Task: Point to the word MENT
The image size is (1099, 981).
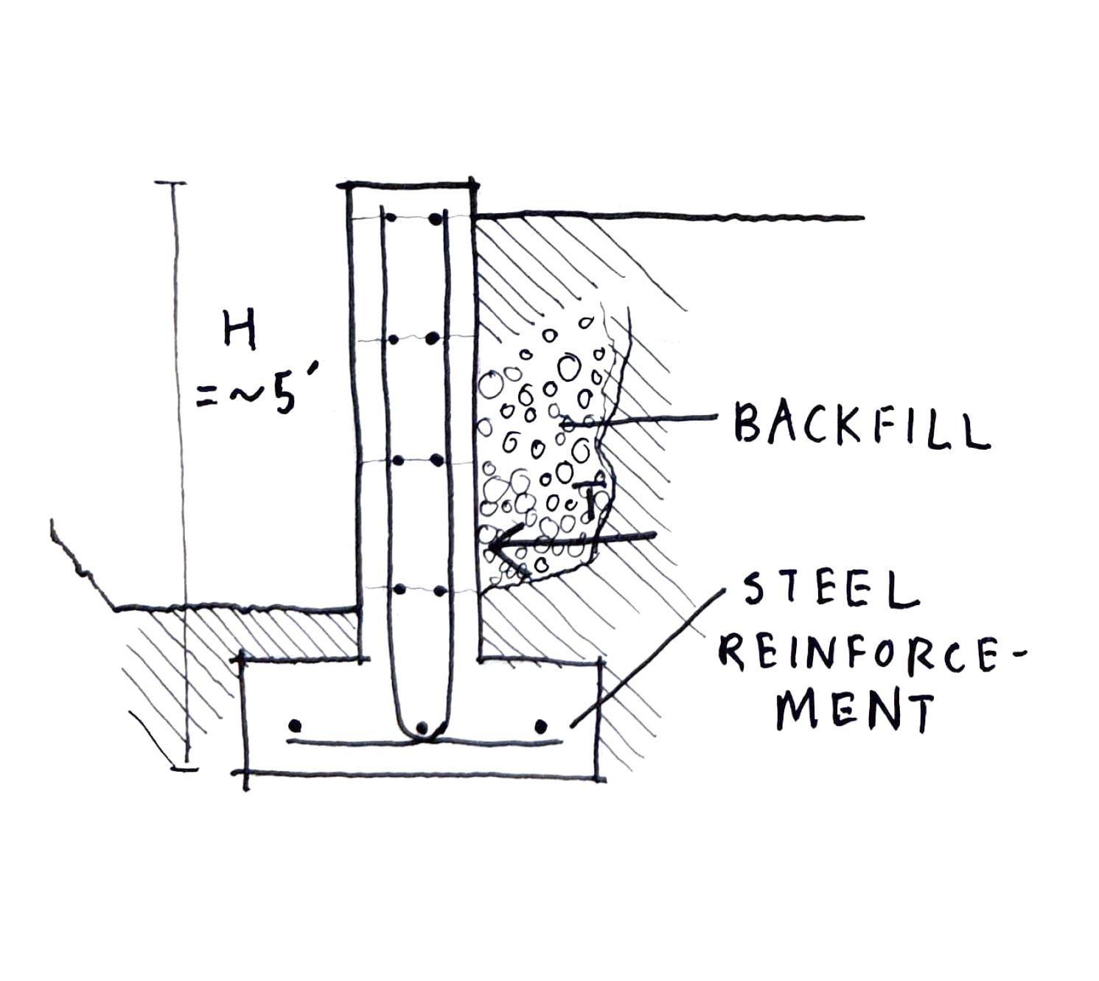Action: (x=854, y=710)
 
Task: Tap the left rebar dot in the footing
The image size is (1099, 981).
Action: (x=296, y=725)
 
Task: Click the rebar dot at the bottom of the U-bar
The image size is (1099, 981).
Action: (x=422, y=728)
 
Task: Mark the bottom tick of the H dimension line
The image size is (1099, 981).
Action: (x=184, y=769)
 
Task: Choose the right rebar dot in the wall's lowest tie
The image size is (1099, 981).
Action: (x=439, y=591)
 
